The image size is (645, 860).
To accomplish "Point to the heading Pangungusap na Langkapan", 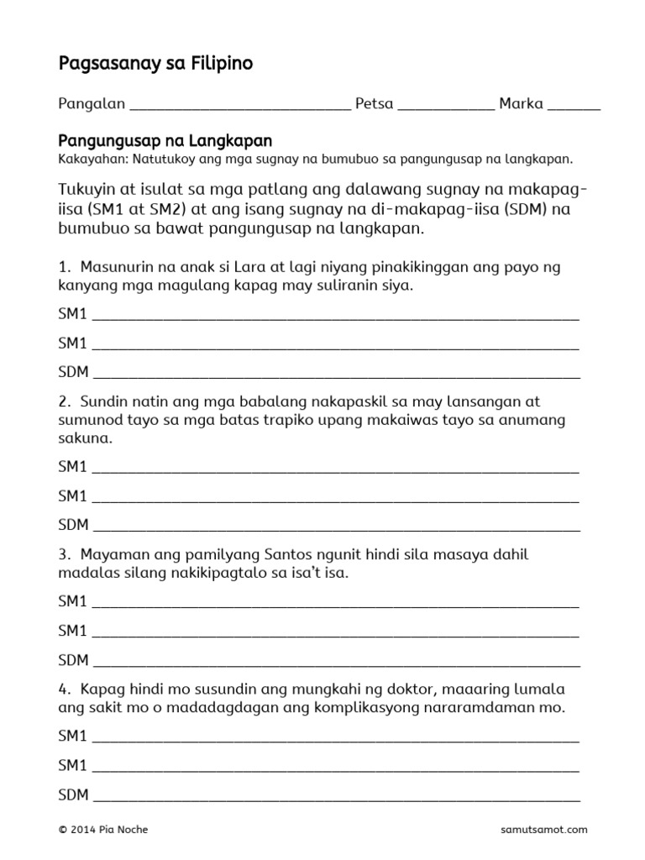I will pos(165,140).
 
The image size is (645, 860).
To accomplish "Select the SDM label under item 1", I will pos(73,372).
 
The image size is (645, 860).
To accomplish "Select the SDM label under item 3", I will pos(73,660).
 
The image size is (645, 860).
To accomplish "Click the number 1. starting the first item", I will pos(64,267).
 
